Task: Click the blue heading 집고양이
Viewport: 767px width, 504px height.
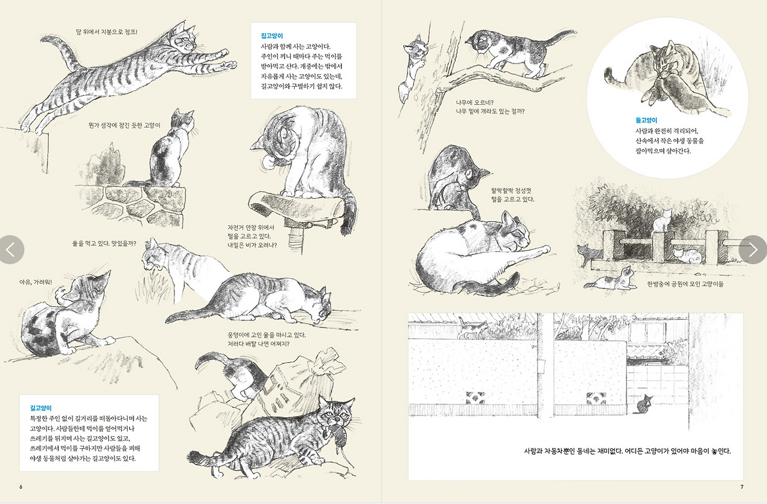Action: coord(272,36)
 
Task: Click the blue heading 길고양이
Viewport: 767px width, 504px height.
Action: coord(41,408)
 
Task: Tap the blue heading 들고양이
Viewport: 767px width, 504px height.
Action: coord(647,120)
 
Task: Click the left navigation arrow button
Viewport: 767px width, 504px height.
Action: coord(11,250)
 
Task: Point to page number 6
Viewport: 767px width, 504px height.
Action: coord(21,487)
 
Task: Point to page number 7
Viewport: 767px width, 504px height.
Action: coord(742,487)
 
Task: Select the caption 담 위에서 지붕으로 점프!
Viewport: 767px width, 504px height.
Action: coord(107,32)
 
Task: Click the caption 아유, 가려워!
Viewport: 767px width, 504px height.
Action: coord(35,283)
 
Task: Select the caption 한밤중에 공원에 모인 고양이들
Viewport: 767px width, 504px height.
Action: coord(685,284)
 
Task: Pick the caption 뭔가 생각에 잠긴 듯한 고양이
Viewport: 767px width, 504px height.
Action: coord(124,126)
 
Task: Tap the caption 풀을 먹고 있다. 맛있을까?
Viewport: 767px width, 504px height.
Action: coord(104,244)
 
